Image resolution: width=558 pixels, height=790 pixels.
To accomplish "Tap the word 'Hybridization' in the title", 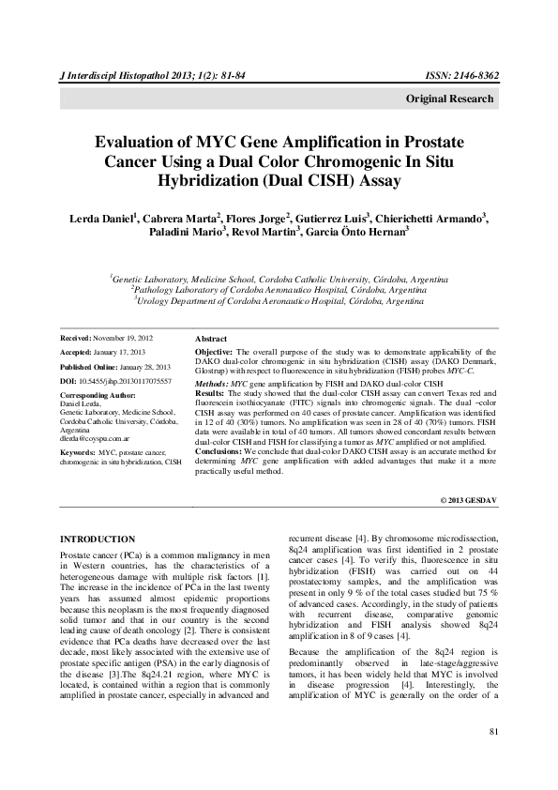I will coord(218,182).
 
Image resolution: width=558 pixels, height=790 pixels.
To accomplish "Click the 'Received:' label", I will coord(78,336).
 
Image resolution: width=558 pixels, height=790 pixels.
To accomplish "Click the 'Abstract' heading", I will coord(211,337).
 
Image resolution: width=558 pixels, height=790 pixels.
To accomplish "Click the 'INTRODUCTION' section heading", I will coord(97,539).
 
